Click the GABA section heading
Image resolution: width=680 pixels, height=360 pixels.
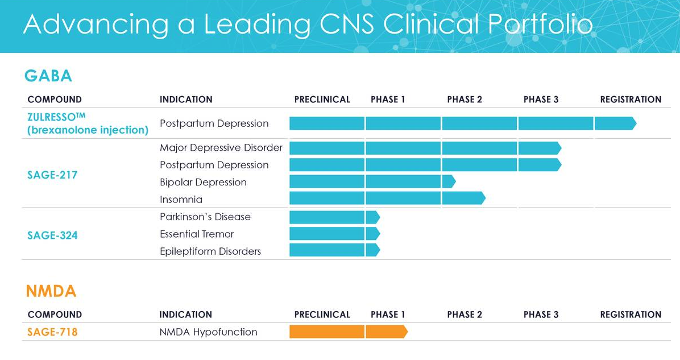point(48,76)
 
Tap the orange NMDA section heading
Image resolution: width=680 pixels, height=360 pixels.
point(51,291)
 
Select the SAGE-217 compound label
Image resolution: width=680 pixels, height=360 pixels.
point(52,175)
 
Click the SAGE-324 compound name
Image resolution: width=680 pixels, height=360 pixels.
point(52,235)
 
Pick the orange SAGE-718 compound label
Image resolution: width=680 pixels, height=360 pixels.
point(52,332)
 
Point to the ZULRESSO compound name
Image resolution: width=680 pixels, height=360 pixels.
point(56,117)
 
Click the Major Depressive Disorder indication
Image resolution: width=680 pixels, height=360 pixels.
point(221,147)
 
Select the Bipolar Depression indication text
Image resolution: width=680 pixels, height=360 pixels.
point(203,182)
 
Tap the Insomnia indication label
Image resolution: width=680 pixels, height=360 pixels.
point(181,200)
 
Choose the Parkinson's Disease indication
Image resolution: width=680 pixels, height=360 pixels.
point(205,217)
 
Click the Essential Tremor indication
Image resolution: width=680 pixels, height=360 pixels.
point(197,234)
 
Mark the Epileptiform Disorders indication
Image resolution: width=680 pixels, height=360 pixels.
point(210,251)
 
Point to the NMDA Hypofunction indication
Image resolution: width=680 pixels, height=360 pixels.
point(208,332)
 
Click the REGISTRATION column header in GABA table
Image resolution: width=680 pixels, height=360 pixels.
point(631,100)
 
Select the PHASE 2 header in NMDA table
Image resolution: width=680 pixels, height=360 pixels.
point(465,315)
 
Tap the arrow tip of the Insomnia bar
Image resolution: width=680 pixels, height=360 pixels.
point(486,198)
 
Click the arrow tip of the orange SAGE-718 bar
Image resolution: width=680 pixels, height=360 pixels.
point(408,332)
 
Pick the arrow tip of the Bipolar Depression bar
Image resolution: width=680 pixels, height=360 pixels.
point(455,181)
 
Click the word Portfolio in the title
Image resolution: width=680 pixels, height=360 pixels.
point(540,24)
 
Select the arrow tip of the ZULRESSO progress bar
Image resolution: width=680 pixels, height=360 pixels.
point(636,123)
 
